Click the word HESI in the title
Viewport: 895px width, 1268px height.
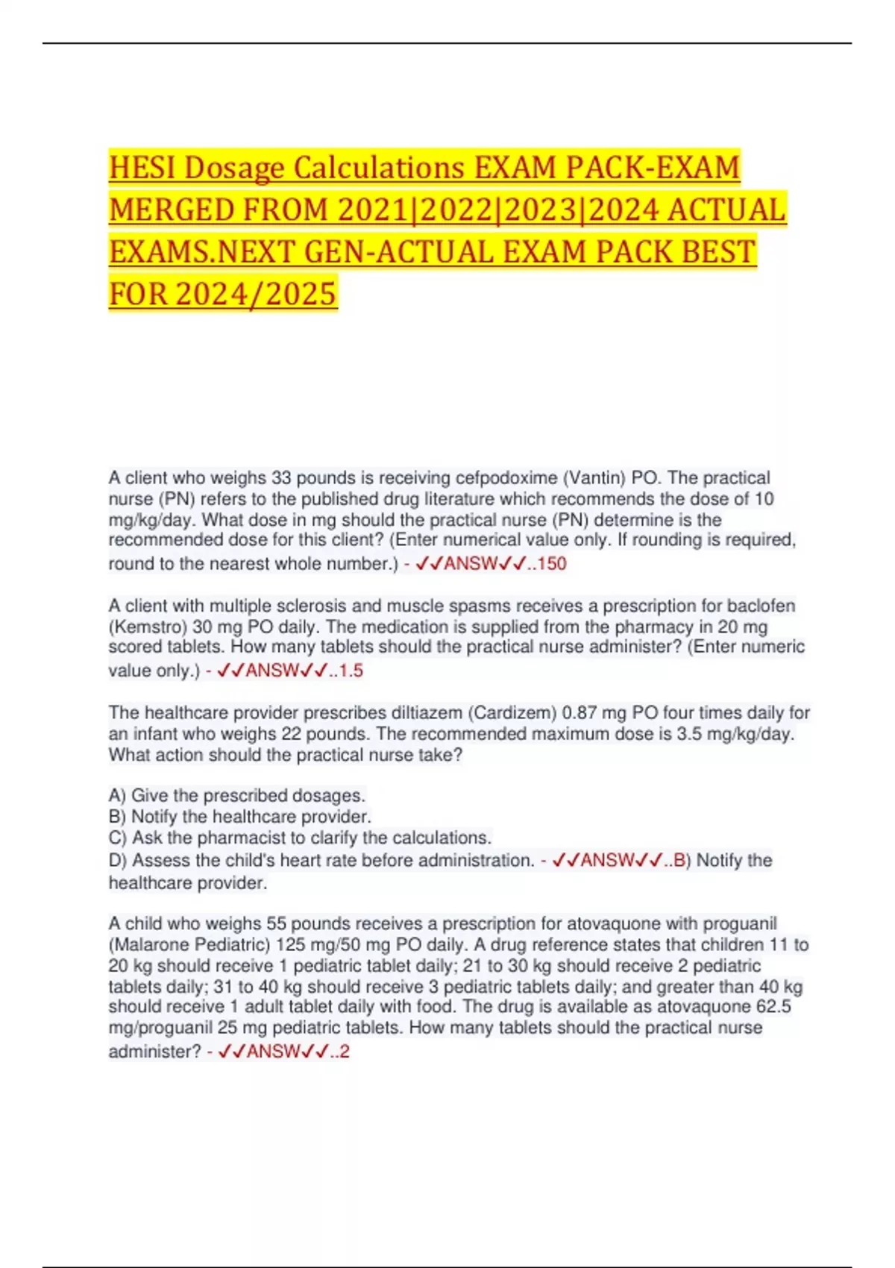tap(142, 168)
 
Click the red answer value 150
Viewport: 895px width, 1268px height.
tap(552, 564)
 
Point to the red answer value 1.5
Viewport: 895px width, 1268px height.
tap(351, 671)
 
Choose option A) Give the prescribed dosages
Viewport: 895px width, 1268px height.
tap(237, 796)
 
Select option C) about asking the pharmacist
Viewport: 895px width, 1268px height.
tap(300, 838)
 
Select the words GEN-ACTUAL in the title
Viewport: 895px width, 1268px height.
tap(398, 252)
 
